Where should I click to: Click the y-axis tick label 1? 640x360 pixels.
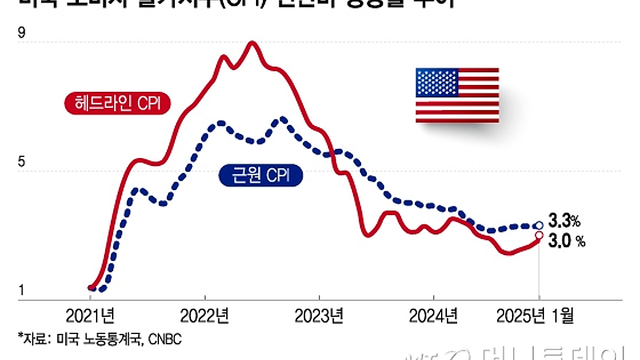[21, 291]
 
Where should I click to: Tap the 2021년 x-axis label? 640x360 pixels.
[90, 316]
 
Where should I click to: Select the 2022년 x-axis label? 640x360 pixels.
[205, 316]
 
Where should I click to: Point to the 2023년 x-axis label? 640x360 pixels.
[319, 316]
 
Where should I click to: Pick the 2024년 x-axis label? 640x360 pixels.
[433, 316]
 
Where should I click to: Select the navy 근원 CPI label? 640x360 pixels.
[261, 176]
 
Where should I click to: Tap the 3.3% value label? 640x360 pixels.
[564, 220]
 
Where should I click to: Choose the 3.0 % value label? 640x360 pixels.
[566, 241]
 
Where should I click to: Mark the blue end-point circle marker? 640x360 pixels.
[539, 226]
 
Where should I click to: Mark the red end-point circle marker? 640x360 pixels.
[539, 235]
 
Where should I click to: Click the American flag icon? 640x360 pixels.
[457, 95]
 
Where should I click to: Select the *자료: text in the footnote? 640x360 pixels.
[33, 339]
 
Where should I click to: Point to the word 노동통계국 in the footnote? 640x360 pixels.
[111, 339]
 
